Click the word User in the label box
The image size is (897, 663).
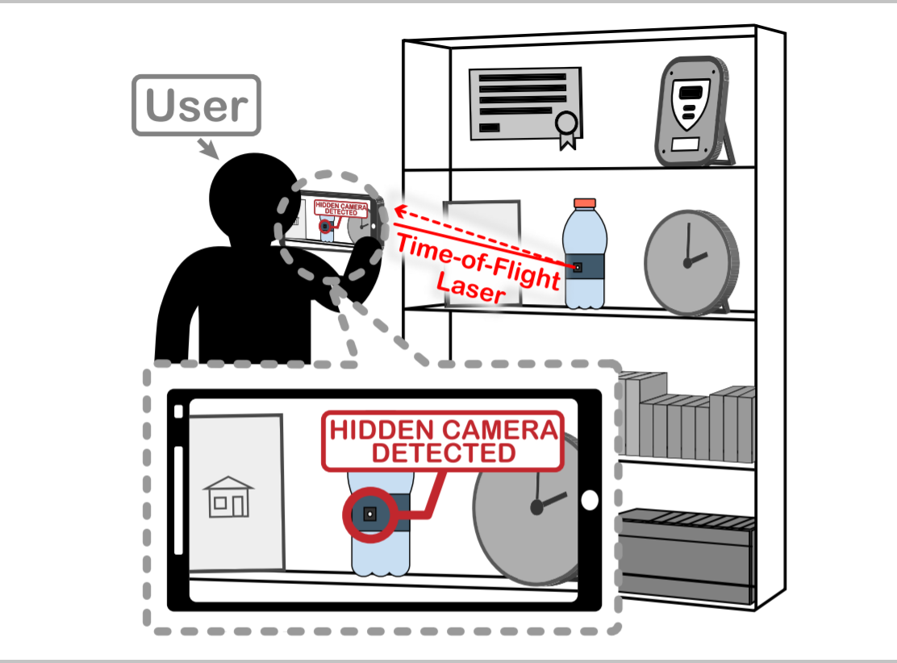point(196,106)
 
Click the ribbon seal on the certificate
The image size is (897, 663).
point(567,125)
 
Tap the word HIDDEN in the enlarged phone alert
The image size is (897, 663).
point(382,431)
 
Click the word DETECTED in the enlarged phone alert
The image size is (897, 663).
point(442,452)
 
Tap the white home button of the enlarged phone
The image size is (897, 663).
point(590,500)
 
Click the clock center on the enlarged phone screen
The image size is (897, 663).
point(536,507)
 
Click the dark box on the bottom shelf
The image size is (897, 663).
point(686,554)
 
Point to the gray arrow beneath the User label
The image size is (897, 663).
point(208,148)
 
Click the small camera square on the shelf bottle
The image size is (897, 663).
point(578,267)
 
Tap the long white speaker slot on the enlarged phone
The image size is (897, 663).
point(178,500)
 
